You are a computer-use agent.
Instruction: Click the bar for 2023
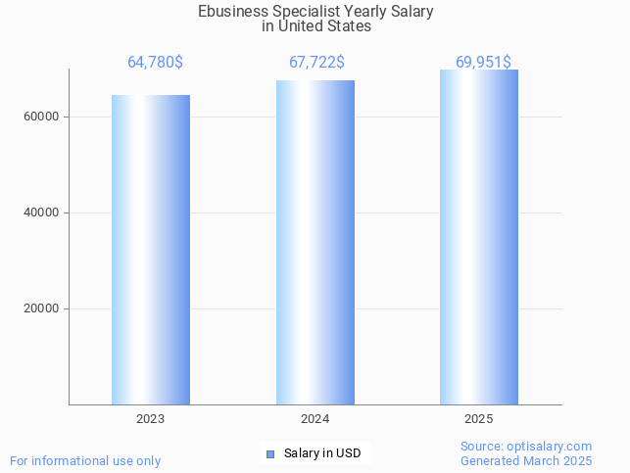click(151, 250)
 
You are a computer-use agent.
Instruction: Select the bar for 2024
click(315, 243)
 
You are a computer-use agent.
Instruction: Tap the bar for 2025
click(479, 237)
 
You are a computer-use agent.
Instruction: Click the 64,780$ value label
click(155, 63)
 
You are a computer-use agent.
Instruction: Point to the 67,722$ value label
click(316, 63)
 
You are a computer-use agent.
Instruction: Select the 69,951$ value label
click(483, 63)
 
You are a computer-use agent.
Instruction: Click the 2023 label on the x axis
click(151, 419)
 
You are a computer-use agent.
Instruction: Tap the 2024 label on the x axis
click(315, 419)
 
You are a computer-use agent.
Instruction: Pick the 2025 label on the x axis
click(479, 419)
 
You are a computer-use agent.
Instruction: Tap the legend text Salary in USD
click(322, 453)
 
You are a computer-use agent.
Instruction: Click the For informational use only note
click(85, 460)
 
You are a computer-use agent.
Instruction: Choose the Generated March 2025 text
click(526, 460)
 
